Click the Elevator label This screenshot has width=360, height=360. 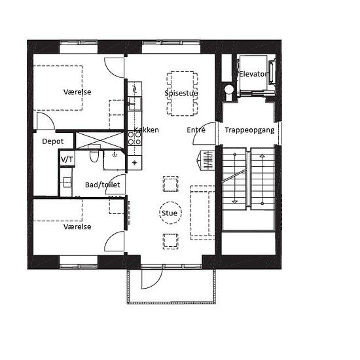coord(253,74)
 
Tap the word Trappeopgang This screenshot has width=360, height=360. coord(249,130)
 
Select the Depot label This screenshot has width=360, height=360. coord(53,141)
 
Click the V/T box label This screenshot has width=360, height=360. coord(67,159)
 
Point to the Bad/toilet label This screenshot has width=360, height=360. coord(102,185)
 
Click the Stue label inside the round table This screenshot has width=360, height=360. coord(170,213)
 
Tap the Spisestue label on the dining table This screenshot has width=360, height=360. coord(181,93)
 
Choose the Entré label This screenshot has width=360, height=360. coord(196,130)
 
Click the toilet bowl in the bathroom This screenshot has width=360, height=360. coord(94,155)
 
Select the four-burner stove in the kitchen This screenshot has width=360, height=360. coord(135,139)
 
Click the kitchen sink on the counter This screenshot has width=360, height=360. coord(135,103)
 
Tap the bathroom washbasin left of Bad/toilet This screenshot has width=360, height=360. coord(67,183)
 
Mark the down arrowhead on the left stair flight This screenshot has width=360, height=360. coord(234,202)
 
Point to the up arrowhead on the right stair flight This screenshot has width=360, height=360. coord(262,156)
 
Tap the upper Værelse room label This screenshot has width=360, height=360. coord(77,92)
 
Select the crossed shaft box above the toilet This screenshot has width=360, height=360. coord(99,140)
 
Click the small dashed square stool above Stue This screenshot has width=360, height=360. coord(171,184)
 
